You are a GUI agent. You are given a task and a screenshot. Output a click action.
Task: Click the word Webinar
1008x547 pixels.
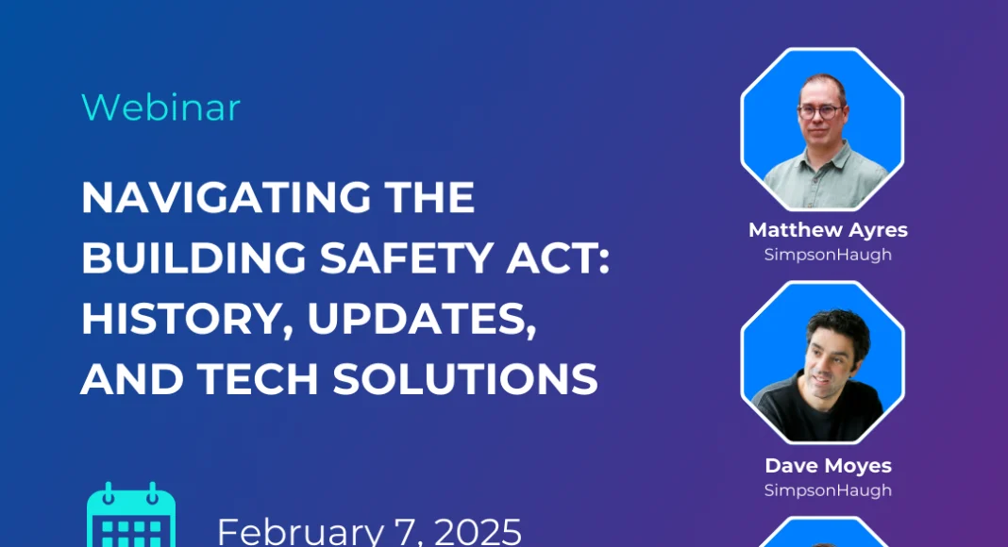tap(160, 108)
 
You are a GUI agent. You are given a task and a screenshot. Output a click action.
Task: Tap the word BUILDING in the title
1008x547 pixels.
tap(193, 258)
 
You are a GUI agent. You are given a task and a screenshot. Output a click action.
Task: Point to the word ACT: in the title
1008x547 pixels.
tap(558, 258)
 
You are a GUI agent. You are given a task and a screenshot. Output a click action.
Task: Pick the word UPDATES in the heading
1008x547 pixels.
tap(422, 319)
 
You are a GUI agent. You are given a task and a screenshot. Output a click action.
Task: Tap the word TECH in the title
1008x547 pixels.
tap(258, 379)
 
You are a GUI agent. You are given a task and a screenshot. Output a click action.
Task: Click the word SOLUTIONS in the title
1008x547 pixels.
tap(465, 379)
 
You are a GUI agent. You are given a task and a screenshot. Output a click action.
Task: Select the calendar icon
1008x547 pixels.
tap(131, 516)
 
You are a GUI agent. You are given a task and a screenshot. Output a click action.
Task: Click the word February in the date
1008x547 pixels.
tap(301, 533)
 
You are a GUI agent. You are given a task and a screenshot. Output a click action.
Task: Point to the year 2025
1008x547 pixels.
tap(478, 532)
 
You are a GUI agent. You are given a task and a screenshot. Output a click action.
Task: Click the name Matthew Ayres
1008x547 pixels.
tap(828, 230)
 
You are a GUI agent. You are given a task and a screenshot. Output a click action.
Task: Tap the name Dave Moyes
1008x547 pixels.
tap(828, 466)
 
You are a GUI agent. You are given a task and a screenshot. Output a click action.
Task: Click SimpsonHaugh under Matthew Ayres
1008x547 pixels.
tap(828, 255)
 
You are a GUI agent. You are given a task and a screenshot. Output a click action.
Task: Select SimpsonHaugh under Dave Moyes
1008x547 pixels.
tap(828, 490)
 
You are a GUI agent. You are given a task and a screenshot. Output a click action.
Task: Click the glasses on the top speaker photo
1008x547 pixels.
tap(820, 111)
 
